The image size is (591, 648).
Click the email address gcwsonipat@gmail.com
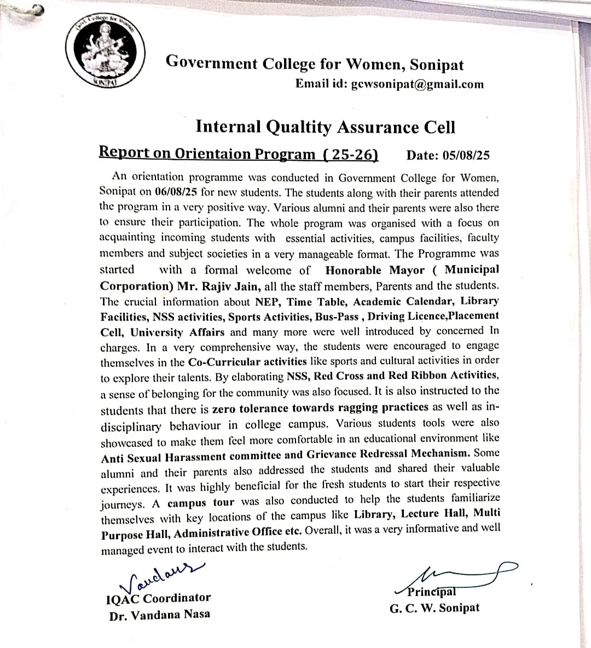(x=417, y=84)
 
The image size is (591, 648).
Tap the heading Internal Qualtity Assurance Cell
(x=325, y=127)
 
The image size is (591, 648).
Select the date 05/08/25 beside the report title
(x=466, y=155)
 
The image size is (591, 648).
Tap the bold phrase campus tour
(x=201, y=503)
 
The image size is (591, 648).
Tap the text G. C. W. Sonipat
(x=434, y=608)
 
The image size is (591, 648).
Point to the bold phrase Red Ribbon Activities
(x=443, y=376)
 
